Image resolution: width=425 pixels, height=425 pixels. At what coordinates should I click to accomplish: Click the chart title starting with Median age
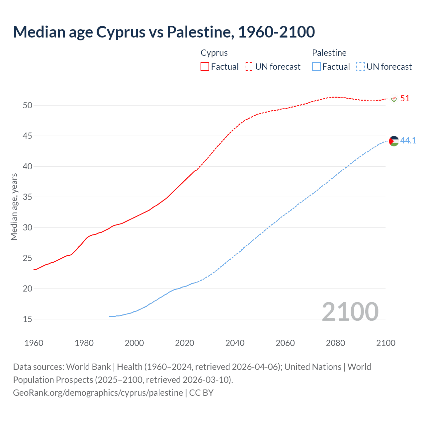(164, 32)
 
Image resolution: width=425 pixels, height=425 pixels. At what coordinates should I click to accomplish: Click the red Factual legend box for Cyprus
(205, 67)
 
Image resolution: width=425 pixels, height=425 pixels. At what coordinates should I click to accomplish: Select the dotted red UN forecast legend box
(249, 67)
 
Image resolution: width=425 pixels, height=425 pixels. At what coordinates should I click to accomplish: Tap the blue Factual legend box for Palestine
(316, 67)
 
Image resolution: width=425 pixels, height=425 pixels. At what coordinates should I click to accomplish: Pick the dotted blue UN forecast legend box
(360, 67)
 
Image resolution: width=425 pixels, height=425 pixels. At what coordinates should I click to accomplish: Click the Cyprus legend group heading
(214, 53)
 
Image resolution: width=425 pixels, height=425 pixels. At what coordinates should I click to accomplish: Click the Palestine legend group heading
(329, 53)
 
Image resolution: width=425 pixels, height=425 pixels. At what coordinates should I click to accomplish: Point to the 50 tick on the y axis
(28, 106)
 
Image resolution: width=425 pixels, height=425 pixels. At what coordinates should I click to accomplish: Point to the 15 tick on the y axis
(28, 319)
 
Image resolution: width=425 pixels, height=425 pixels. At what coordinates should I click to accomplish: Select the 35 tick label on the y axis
(28, 197)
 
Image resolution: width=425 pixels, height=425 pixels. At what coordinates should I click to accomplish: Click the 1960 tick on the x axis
(34, 343)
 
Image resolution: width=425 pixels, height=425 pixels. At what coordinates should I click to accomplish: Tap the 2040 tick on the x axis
(235, 343)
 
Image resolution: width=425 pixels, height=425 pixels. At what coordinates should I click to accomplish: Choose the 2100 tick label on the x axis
(385, 343)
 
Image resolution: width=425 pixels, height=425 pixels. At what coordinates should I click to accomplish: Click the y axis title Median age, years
(14, 207)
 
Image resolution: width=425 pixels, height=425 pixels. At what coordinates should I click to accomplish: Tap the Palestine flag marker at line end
(394, 141)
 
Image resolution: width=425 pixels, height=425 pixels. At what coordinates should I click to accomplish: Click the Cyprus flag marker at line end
(394, 99)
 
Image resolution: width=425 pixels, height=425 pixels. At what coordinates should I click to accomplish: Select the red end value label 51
(405, 99)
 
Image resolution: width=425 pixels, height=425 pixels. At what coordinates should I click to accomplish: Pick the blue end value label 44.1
(408, 141)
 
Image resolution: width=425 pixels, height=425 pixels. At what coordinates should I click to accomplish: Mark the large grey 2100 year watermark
(350, 311)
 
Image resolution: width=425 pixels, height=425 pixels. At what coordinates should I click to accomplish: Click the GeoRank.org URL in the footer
(98, 393)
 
